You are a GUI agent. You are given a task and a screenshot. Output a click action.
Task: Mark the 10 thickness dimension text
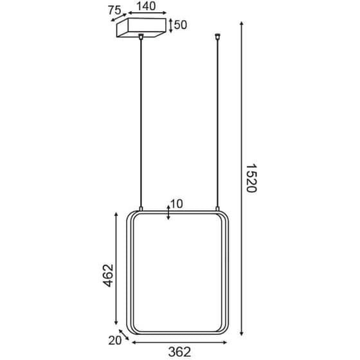tap(177, 204)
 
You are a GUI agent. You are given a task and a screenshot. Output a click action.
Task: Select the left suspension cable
tap(139, 122)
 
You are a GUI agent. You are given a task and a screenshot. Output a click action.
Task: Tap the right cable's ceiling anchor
tap(217, 39)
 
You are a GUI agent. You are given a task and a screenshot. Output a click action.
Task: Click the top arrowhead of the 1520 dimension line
tap(242, 24)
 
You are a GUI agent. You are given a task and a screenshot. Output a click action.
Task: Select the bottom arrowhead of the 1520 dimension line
tap(242, 334)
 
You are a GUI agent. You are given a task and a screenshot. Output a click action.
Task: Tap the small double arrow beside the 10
tap(168, 212)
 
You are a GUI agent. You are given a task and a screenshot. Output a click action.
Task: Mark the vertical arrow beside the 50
tap(170, 25)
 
